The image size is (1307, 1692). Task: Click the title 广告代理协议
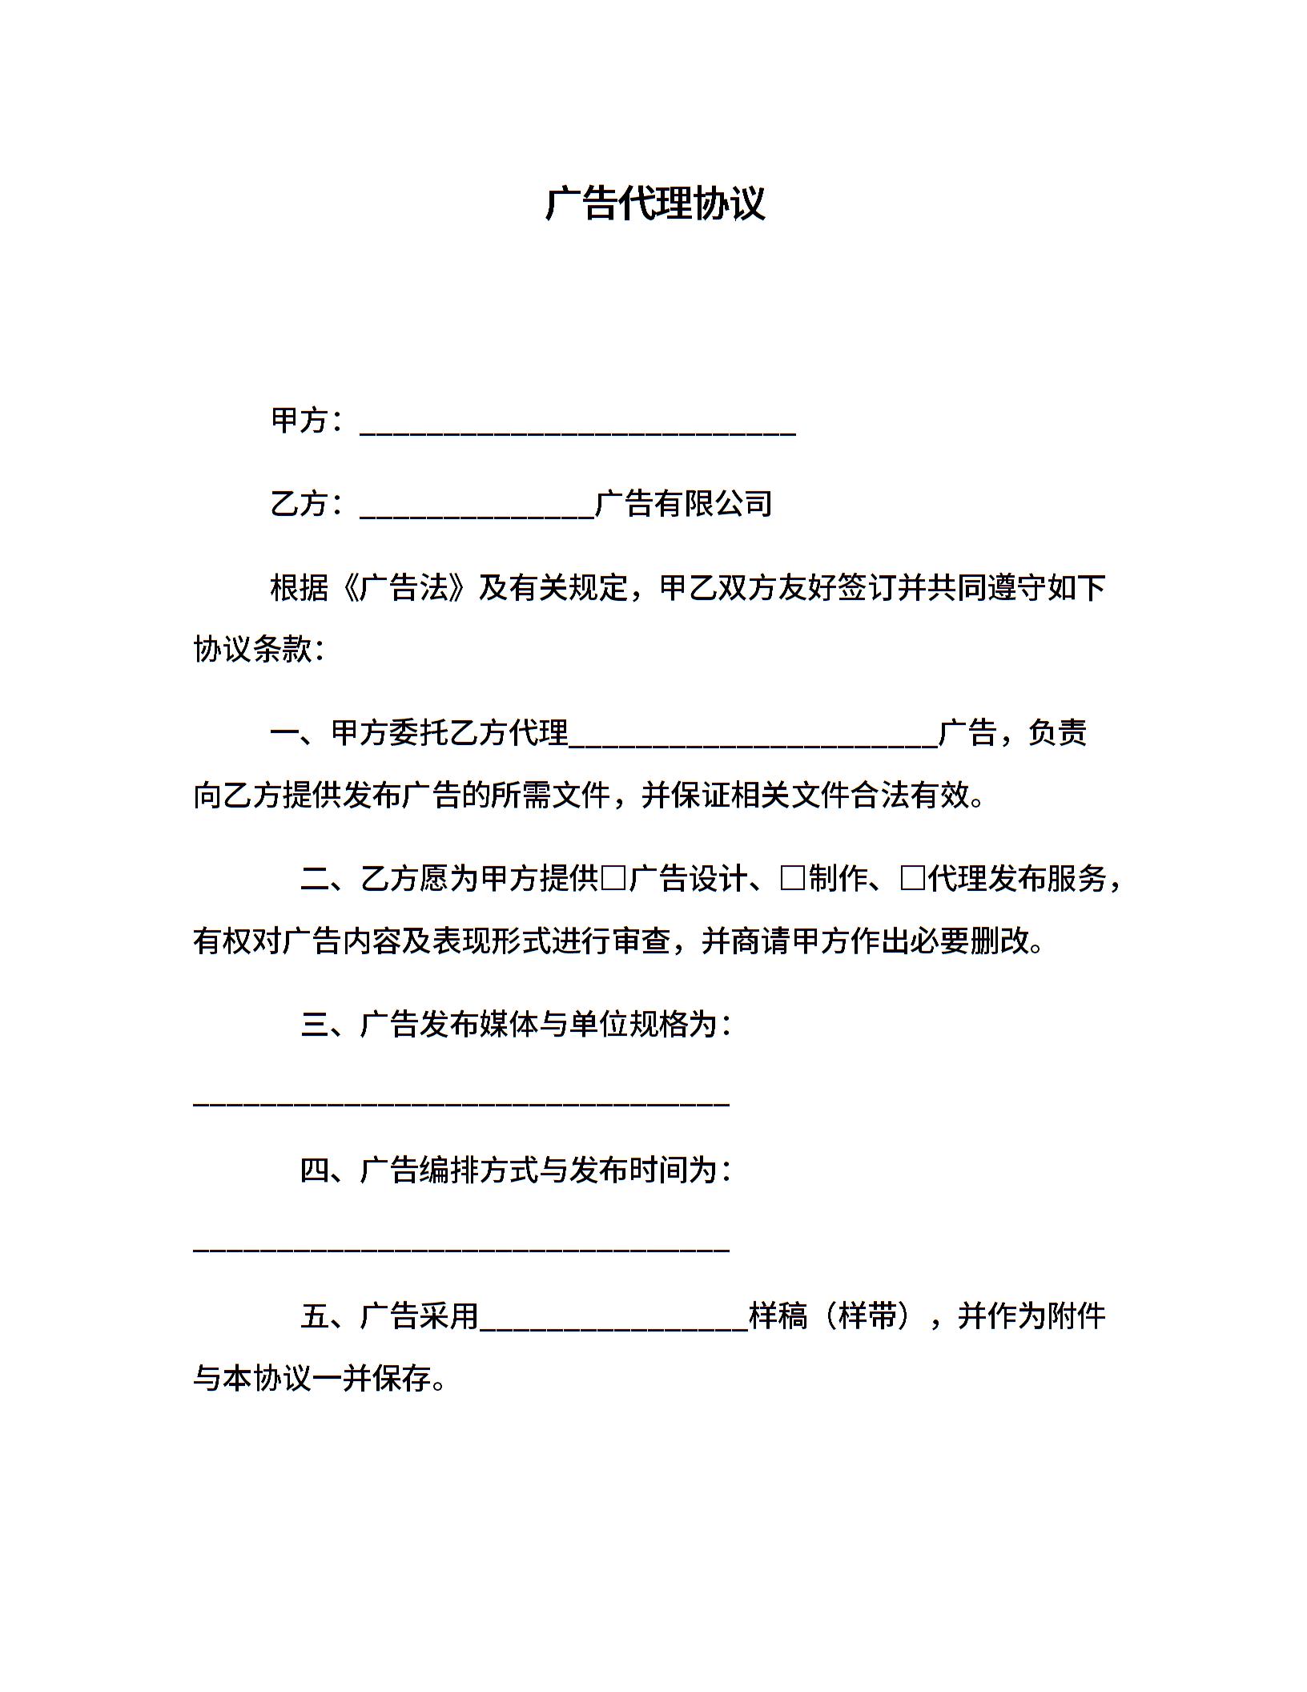click(654, 203)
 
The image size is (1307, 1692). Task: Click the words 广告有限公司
click(684, 504)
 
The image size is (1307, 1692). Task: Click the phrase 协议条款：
click(259, 649)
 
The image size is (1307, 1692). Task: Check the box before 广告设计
click(613, 878)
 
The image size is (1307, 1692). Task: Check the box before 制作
click(792, 878)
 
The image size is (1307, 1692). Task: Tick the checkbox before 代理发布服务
click(912, 878)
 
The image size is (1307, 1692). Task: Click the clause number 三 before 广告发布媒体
click(315, 1025)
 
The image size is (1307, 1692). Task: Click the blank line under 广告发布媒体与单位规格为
click(461, 1104)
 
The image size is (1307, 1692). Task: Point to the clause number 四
click(315, 1170)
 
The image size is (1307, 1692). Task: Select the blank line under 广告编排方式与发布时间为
click(461, 1249)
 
